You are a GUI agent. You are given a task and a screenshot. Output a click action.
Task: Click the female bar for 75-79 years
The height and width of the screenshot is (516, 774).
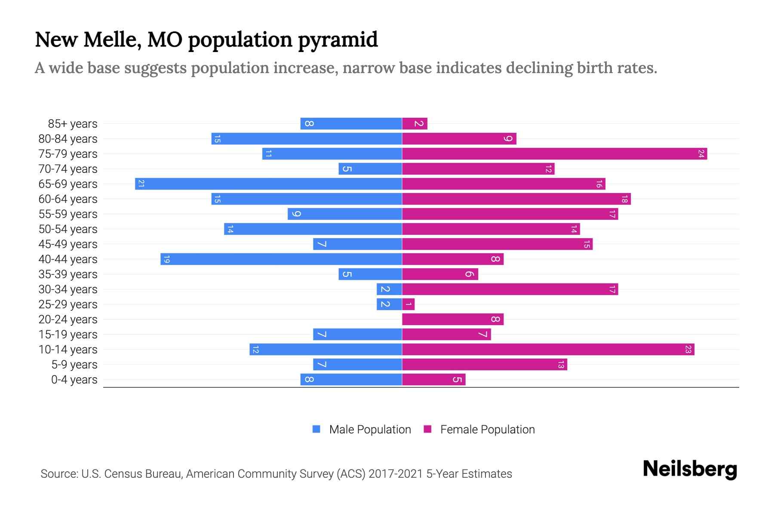(x=554, y=154)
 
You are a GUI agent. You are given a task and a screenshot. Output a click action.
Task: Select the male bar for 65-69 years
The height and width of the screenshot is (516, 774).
(x=268, y=184)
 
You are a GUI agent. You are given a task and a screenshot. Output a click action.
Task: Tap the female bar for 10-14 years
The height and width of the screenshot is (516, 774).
(x=548, y=350)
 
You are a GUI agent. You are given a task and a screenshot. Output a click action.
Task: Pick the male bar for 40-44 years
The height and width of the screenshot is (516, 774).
(x=281, y=259)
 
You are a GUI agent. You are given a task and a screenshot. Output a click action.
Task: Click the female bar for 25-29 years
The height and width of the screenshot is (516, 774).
(x=408, y=304)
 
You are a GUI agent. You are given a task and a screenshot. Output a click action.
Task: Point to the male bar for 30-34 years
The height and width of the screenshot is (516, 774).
(x=389, y=289)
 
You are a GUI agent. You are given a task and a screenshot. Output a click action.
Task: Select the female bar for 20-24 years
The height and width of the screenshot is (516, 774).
(x=452, y=319)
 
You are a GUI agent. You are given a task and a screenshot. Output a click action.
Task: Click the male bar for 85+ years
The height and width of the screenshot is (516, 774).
(x=351, y=124)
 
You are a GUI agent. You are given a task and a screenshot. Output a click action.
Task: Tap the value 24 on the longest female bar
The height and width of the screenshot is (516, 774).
(x=701, y=154)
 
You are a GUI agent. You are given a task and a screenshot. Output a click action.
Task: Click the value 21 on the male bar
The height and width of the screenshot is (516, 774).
(x=141, y=184)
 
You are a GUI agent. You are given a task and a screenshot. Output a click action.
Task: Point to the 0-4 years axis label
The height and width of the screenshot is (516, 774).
(x=74, y=380)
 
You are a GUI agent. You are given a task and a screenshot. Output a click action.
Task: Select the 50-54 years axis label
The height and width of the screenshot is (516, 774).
(x=68, y=229)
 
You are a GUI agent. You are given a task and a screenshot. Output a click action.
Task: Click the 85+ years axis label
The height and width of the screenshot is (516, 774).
(x=72, y=124)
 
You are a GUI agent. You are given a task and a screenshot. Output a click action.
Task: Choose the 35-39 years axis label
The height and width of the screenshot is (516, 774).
(x=68, y=274)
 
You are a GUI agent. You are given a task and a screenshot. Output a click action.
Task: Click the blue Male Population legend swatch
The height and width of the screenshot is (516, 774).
(x=316, y=429)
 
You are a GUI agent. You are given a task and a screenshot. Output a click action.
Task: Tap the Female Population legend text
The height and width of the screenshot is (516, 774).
(x=487, y=430)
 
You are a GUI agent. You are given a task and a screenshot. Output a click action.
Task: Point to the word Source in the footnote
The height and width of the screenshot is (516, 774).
(x=58, y=474)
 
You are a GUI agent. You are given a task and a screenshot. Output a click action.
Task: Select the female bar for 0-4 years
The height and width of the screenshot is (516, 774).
(x=433, y=380)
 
